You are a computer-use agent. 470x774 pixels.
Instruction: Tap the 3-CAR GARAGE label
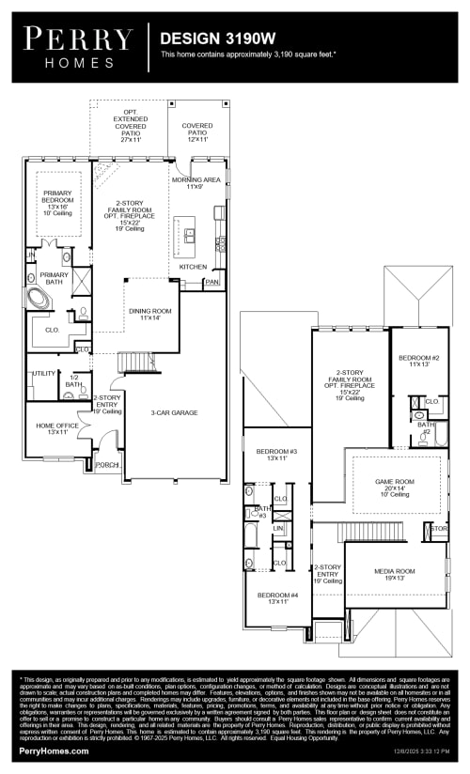pos(173,411)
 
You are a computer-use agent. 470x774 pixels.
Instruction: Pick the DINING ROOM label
pos(149,314)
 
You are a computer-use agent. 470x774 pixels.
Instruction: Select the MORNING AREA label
pos(196,182)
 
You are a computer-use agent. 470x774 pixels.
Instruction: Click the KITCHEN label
pos(193,267)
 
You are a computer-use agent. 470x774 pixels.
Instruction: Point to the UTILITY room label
pos(44,373)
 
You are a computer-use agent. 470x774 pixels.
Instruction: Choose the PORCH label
pos(106,464)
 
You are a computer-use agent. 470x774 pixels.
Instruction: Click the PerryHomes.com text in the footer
pos(54,751)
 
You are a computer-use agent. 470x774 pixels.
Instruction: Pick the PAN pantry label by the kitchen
pos(212,281)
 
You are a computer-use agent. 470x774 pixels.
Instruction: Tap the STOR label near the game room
pos(438,529)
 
